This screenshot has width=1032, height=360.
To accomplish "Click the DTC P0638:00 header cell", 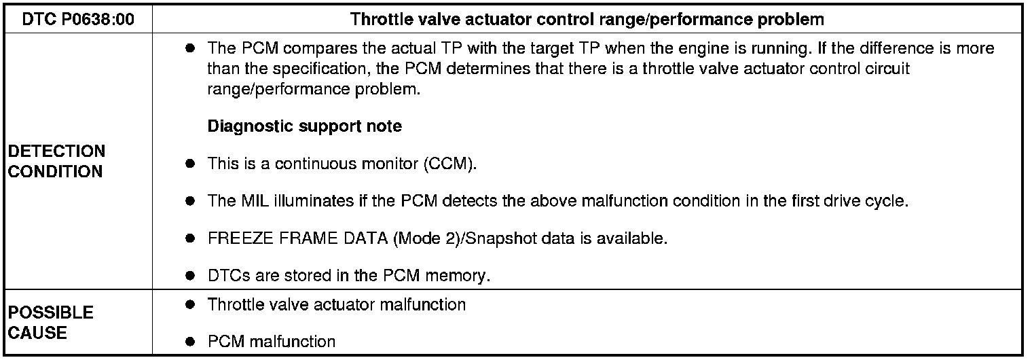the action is (x=78, y=19).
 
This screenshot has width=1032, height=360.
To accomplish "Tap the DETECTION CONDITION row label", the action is (x=57, y=161).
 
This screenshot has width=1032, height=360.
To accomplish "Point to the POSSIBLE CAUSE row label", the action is (x=51, y=323).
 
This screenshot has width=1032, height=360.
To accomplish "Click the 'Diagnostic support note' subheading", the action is (x=304, y=126).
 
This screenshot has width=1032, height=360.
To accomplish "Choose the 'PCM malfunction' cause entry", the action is (x=272, y=341).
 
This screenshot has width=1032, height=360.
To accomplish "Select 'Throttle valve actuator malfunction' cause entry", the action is (x=337, y=304).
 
